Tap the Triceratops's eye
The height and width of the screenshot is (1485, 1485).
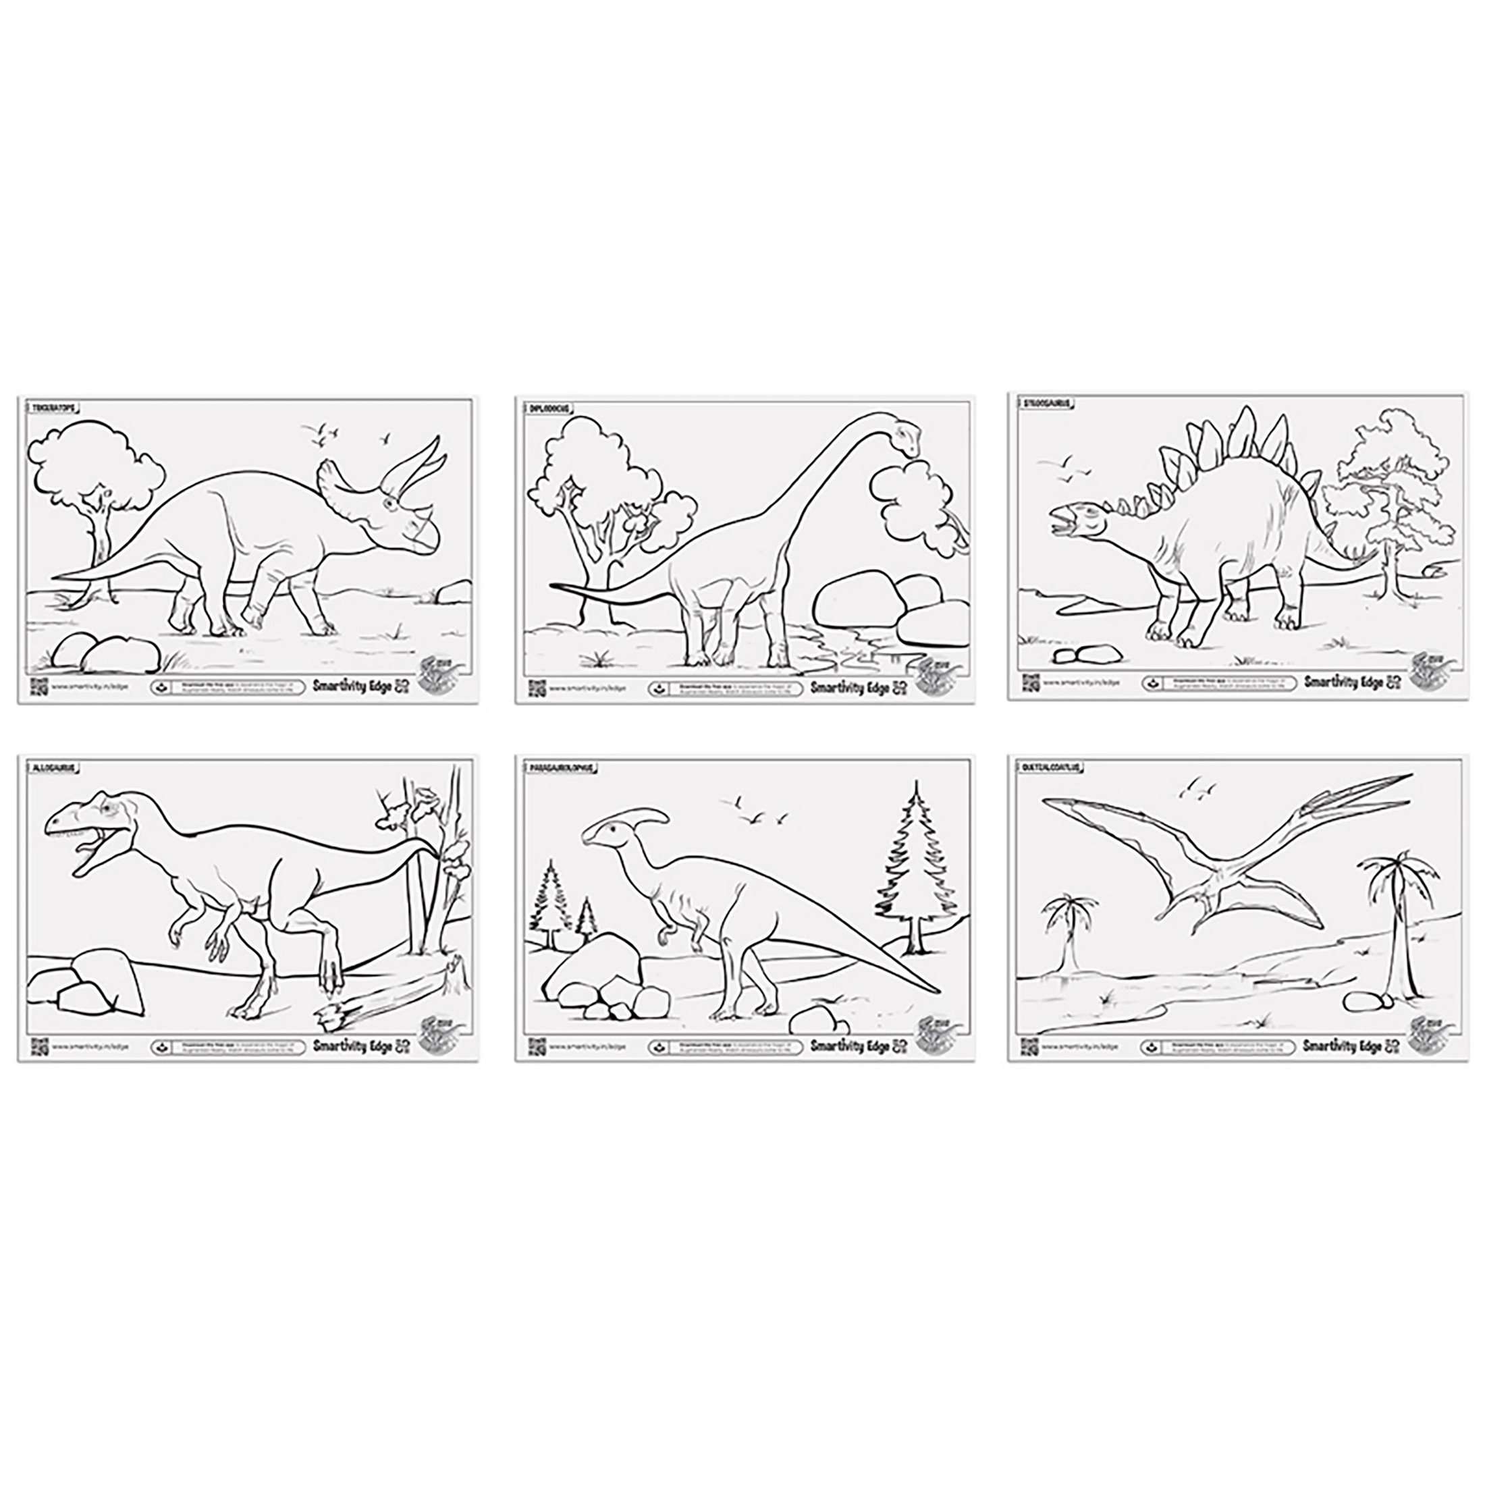(394, 504)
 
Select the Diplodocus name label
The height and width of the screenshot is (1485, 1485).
(548, 408)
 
